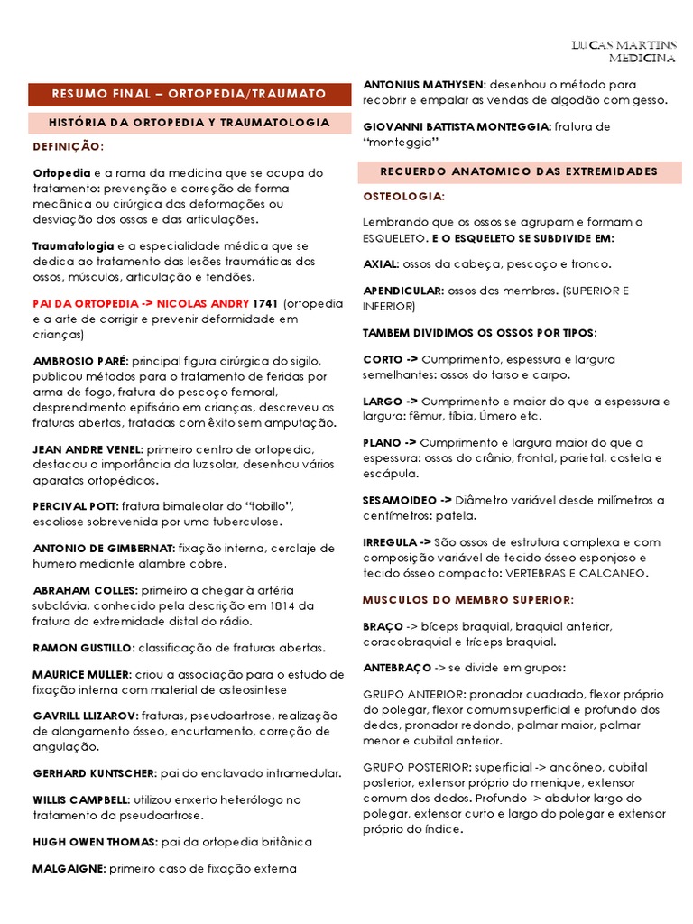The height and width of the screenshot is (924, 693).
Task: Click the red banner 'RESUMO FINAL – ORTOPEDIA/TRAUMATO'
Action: click(189, 93)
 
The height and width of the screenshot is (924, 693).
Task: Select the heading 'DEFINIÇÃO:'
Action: click(68, 145)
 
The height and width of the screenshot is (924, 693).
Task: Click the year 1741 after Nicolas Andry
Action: click(266, 303)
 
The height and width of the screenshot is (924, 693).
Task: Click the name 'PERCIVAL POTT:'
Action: click(74, 506)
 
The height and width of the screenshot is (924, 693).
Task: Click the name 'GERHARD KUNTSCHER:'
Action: click(95, 773)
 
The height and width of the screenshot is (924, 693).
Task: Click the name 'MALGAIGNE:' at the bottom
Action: click(69, 869)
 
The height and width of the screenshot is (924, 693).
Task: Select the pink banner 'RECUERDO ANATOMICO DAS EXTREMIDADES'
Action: click(519, 171)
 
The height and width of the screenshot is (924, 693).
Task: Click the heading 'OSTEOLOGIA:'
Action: click(402, 196)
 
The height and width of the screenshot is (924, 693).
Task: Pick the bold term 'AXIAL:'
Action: click(381, 264)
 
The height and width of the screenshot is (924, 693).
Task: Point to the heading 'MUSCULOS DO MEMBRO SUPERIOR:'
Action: click(467, 600)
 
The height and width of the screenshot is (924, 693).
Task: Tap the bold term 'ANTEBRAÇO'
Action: click(396, 668)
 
